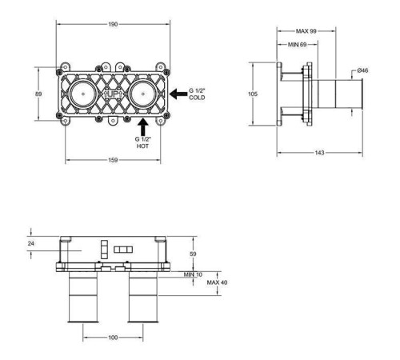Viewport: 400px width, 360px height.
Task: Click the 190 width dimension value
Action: click(113, 24)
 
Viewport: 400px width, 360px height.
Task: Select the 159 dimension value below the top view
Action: click(113, 160)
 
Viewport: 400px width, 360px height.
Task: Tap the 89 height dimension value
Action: click(38, 94)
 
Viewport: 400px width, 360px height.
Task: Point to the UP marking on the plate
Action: click(113, 94)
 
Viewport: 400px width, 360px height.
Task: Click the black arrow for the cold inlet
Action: click(178, 94)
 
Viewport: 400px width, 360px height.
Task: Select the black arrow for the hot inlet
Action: click(143, 126)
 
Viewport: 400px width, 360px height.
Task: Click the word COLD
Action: click(197, 98)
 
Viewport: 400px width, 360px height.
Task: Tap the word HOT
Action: click(142, 146)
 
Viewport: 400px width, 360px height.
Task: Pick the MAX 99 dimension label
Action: click(306, 31)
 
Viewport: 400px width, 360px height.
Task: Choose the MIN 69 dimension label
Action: click(298, 45)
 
